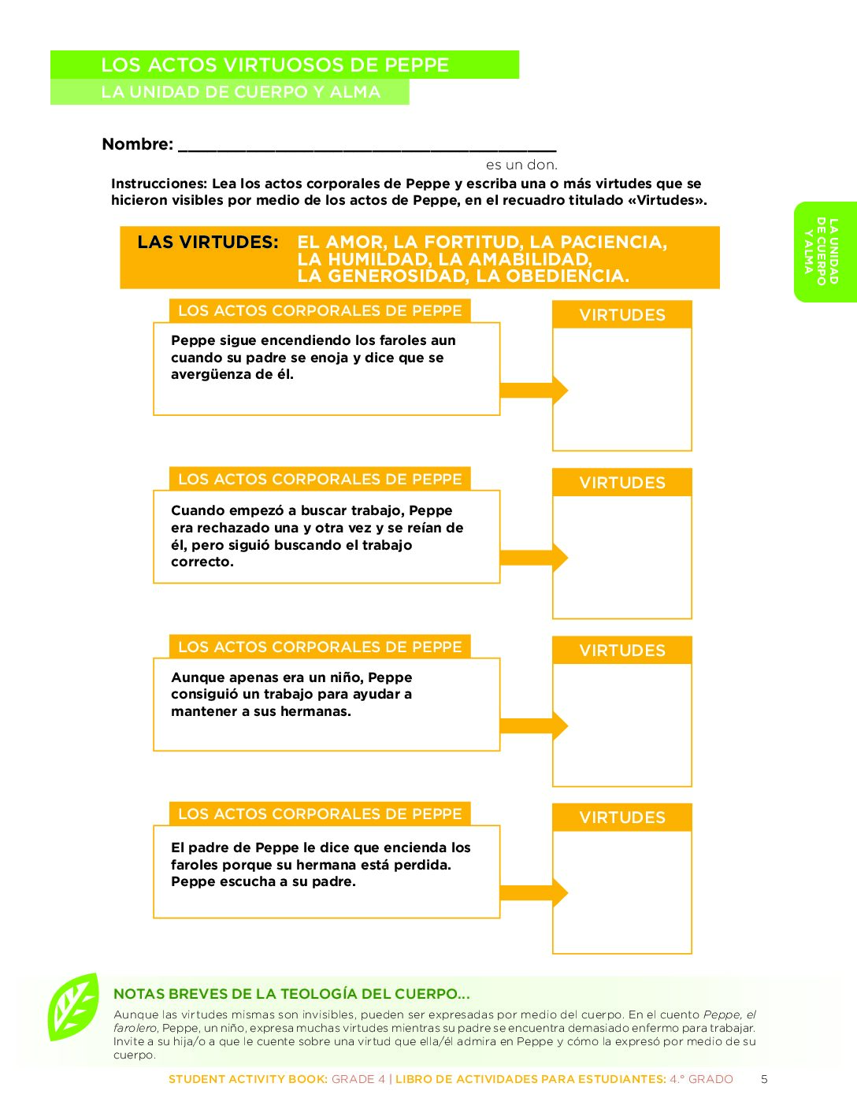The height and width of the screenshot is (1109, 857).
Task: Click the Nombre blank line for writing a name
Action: pos(367,146)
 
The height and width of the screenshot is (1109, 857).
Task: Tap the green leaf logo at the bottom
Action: pos(73,1007)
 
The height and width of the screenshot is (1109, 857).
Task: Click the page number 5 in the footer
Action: pos(763,1079)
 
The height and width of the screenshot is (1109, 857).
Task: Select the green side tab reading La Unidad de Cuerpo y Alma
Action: pos(824,251)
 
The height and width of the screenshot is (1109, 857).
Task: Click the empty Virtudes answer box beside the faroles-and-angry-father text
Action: pos(622,388)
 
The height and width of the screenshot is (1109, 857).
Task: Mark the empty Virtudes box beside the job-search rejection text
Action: pos(622,556)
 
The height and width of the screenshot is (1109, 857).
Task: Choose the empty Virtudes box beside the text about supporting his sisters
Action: pos(622,724)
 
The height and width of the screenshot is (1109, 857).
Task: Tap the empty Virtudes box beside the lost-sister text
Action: pos(622,891)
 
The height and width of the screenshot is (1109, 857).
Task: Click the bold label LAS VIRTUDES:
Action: pos(208,243)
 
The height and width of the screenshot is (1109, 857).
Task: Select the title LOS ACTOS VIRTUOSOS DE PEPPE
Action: pos(275,65)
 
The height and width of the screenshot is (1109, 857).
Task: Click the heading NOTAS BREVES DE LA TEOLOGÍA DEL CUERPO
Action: pos(291,994)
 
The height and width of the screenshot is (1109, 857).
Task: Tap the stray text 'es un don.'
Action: pos(521,165)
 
